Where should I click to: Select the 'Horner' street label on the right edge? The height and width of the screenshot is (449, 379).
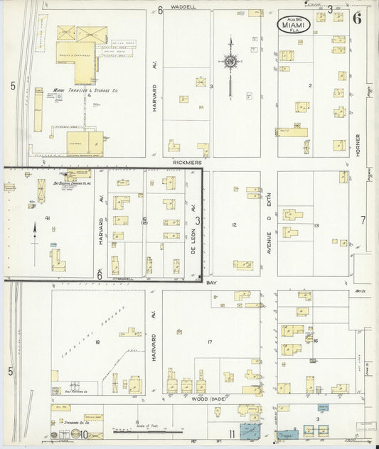coord(358,146)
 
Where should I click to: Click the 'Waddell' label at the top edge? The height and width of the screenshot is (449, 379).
coord(183,6)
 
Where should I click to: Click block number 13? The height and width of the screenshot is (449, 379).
coord(316,225)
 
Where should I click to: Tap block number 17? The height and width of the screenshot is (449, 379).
coord(210,342)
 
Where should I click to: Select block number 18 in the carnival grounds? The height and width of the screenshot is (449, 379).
coord(97,342)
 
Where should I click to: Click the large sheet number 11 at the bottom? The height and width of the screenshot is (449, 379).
coord(232,434)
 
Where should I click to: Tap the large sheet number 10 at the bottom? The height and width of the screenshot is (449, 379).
coord(83,434)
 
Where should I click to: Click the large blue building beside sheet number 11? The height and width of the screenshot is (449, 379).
coord(250,431)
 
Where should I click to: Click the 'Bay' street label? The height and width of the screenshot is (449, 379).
coord(211,283)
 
